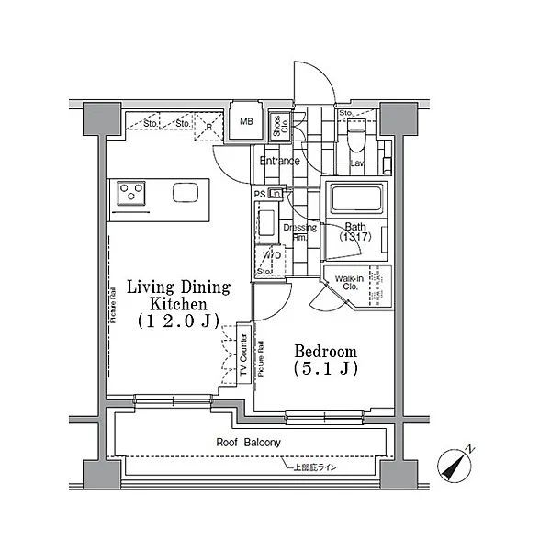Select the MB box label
coord(245,121)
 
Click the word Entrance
coord(279,162)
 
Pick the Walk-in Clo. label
coord(348,281)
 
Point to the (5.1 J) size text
coord(325,368)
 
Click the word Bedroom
coord(325,351)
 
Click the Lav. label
coord(359,163)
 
